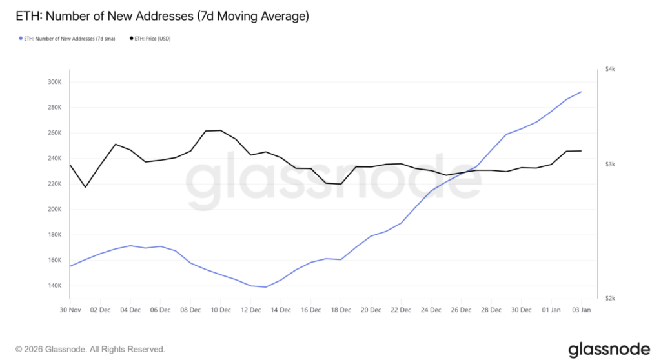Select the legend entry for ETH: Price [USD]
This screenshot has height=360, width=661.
click(152, 39)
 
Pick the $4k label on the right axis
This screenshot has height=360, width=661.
click(609, 69)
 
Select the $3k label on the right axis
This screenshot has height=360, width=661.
click(609, 165)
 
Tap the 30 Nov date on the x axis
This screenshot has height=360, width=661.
click(70, 310)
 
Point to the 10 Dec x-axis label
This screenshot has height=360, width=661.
click(220, 310)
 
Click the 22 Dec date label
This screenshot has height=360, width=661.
click(401, 310)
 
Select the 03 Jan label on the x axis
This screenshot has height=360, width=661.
click(582, 310)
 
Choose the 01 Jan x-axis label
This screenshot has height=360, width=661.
click(551, 310)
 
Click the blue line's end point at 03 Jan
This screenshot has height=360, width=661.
click(582, 92)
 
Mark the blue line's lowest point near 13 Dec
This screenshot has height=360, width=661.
click(265, 287)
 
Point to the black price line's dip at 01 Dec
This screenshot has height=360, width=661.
click(85, 187)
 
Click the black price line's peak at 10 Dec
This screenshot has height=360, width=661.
click(220, 130)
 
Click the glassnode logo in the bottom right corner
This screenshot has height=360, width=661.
click(609, 348)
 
